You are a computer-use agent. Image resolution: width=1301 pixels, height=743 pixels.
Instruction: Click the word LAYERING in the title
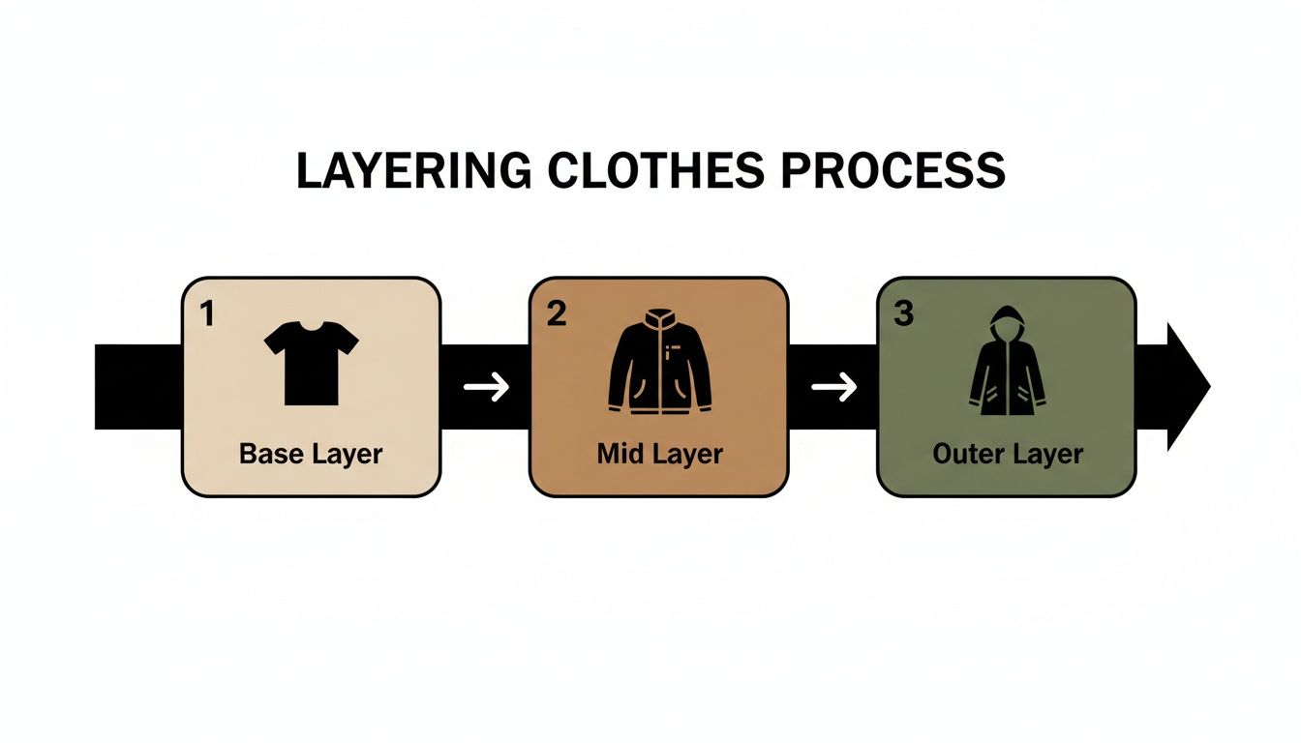pos(413,171)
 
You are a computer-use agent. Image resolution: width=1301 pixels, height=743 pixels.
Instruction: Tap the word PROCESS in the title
pos(893,171)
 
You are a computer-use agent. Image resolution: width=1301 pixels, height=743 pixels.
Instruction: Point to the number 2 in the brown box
pos(556,313)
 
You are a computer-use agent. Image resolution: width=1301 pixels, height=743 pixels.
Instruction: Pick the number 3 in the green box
pos(902,313)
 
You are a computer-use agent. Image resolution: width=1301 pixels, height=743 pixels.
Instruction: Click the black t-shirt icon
pos(311,363)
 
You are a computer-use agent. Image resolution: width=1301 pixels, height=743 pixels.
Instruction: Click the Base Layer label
pos(311,453)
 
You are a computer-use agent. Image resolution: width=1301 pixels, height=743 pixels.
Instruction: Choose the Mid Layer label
pos(659,453)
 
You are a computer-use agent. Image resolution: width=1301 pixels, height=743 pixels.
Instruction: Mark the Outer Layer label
pos(1007,453)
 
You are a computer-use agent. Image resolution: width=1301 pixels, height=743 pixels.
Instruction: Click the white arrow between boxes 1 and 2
pos(486,388)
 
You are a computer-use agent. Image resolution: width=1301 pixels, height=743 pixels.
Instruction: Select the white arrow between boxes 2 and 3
pos(833,388)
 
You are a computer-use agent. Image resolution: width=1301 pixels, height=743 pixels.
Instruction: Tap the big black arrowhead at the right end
pos(1188,387)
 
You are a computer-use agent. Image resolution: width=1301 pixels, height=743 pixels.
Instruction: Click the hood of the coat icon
pos(1007,320)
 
